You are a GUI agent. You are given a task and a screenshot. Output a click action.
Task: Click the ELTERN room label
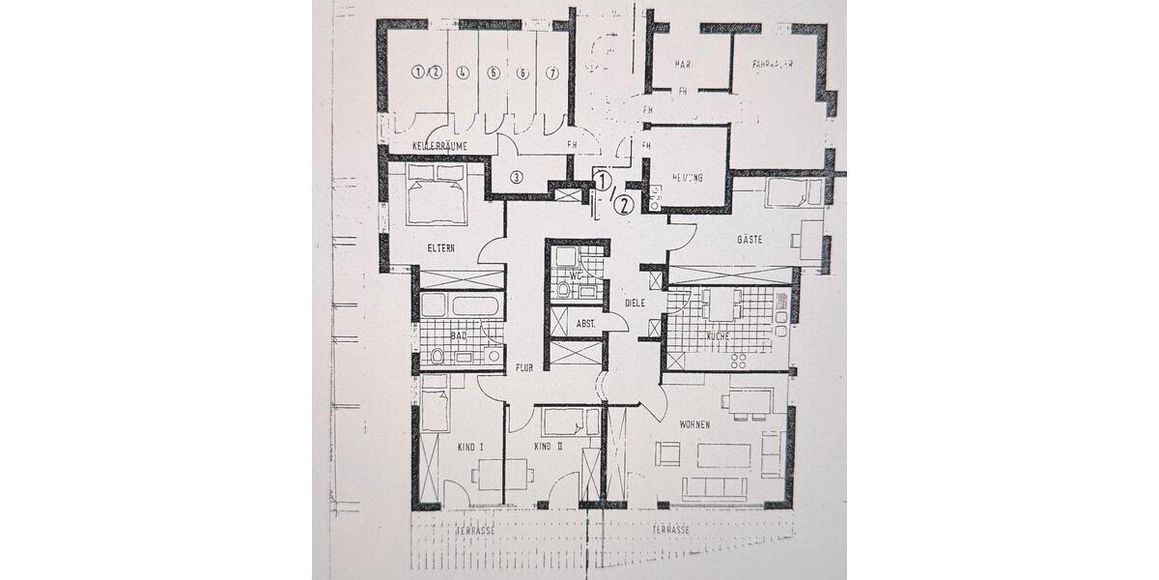point(440,248)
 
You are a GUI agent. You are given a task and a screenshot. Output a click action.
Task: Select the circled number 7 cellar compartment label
point(552,72)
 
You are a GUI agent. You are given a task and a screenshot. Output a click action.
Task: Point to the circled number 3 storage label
point(517,177)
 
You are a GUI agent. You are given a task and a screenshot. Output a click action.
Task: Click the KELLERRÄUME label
point(439,146)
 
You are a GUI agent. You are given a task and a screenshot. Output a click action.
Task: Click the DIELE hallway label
point(634,303)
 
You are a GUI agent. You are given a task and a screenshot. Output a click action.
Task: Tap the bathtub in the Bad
point(461,306)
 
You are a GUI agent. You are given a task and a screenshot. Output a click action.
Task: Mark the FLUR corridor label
point(524,368)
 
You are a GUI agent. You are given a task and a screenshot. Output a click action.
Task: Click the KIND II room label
point(548,447)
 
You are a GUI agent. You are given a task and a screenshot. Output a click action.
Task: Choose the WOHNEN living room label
point(694,425)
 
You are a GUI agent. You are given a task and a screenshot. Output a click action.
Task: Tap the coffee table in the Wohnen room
point(723,455)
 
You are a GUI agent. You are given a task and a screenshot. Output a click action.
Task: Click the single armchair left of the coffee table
point(667,453)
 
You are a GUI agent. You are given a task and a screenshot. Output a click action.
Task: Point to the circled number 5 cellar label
point(493,72)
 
